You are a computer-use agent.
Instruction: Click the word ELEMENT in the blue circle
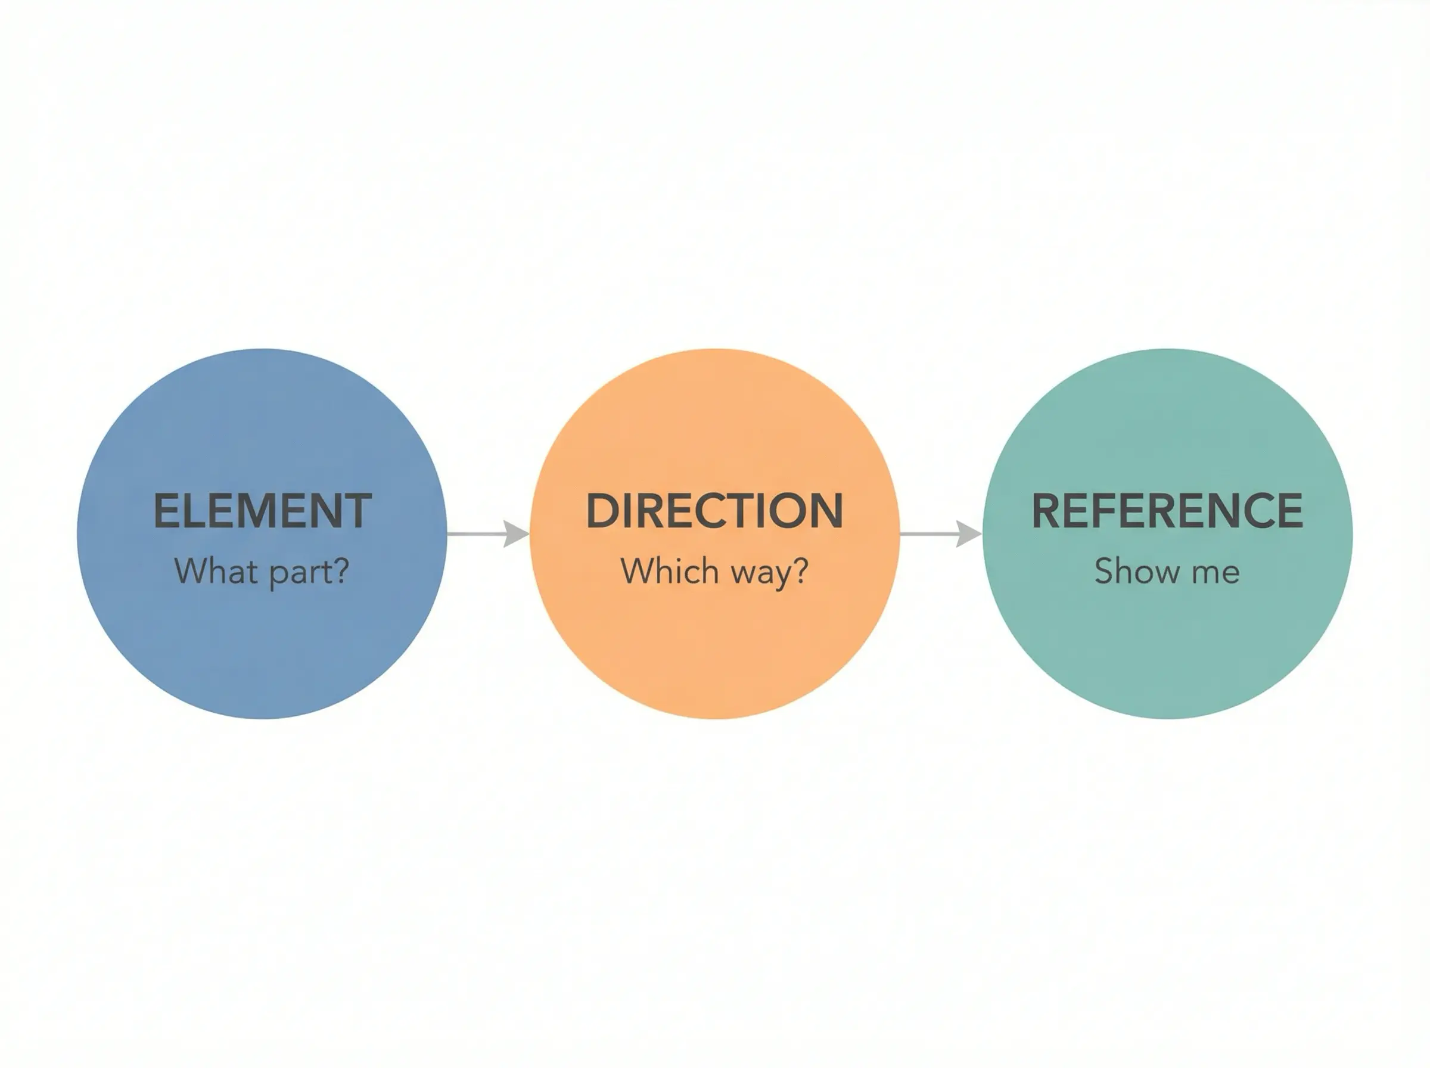[x=262, y=511]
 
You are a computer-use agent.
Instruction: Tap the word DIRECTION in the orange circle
[x=714, y=511]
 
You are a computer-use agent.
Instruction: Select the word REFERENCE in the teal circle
[x=1167, y=511]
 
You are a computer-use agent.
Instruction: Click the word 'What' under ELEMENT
[x=216, y=571]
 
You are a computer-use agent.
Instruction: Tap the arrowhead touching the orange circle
[x=517, y=534]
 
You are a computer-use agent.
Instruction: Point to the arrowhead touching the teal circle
[x=969, y=534]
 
